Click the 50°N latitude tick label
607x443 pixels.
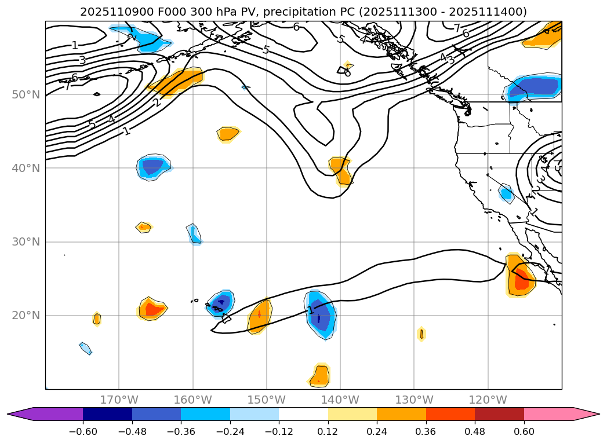click(x=26, y=94)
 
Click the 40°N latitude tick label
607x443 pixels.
click(x=26, y=168)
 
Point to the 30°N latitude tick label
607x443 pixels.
click(x=26, y=241)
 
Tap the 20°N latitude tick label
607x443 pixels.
click(x=26, y=315)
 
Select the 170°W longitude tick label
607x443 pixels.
click(x=119, y=400)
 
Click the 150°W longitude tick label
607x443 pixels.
click(x=267, y=400)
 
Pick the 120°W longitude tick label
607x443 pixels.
click(x=488, y=400)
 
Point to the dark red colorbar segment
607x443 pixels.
click(x=499, y=413)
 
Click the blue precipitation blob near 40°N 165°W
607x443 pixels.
click(x=153, y=167)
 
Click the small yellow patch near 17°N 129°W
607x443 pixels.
click(x=421, y=334)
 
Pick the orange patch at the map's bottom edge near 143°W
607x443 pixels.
click(x=319, y=376)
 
